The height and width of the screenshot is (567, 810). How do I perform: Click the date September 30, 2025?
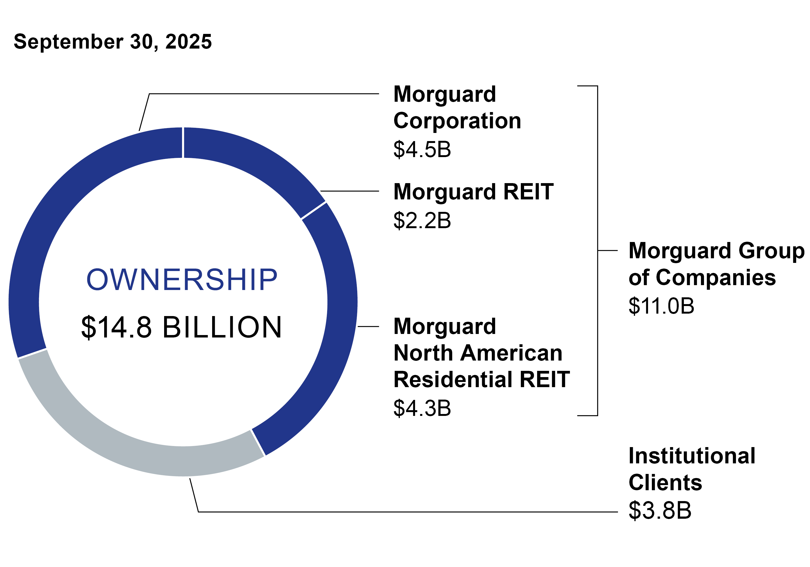click(113, 42)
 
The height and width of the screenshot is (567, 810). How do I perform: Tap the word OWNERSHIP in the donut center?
click(182, 280)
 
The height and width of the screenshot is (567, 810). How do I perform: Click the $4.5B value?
click(422, 149)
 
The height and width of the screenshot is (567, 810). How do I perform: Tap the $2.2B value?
click(422, 221)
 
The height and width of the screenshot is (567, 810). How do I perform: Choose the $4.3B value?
click(422, 408)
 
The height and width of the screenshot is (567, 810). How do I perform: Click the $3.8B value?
click(660, 510)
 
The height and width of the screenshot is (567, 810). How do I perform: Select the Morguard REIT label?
click(473, 192)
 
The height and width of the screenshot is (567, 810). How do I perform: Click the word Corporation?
click(457, 121)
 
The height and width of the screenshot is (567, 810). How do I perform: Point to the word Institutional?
click(692, 455)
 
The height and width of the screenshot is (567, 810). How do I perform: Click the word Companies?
click(716, 278)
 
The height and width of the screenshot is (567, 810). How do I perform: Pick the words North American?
click(478, 353)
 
